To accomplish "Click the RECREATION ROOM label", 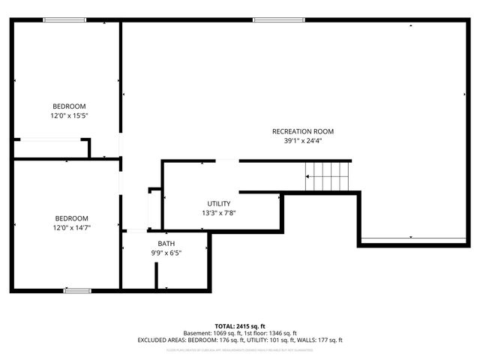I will point(303,131).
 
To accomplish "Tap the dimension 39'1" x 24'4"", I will point(303,140).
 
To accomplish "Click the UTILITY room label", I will point(219,203).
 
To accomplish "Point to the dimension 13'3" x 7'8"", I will point(219,212).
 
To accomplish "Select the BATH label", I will point(166,244).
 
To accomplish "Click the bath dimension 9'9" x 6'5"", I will point(166,253).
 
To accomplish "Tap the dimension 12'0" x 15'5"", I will point(69,115).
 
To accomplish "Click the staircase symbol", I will point(328,178).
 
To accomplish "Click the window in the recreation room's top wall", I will point(268,19).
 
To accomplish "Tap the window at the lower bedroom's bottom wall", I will point(77,290).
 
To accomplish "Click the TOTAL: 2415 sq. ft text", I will point(240,326).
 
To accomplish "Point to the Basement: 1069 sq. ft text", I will point(214,333).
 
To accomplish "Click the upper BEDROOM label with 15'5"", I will point(69,106).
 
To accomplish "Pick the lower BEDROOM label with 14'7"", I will point(72,218).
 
